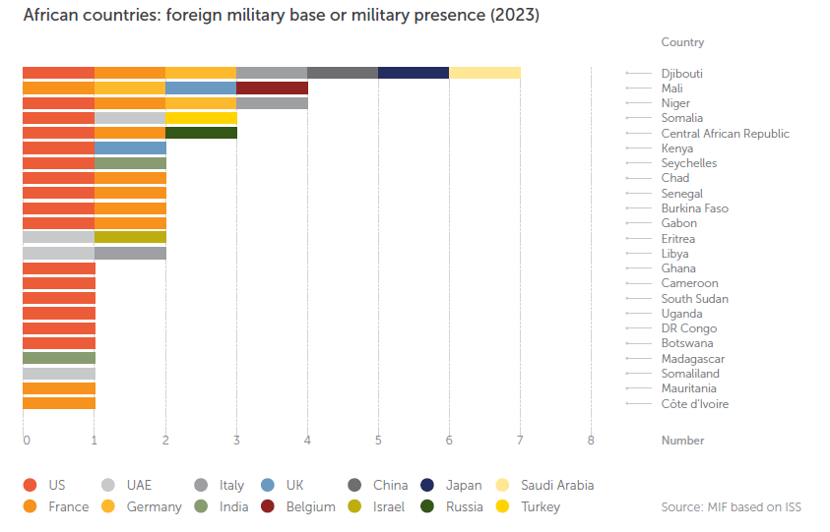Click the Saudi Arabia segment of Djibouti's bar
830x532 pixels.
(x=484, y=73)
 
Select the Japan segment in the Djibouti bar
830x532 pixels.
(x=414, y=73)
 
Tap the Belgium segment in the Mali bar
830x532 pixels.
(x=272, y=88)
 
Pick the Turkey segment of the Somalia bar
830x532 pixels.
(x=201, y=118)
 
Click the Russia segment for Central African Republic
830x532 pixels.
(x=201, y=133)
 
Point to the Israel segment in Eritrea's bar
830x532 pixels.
(x=130, y=237)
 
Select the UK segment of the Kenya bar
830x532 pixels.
(x=130, y=148)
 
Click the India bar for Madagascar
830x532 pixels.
(x=59, y=358)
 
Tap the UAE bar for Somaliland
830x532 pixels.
(x=59, y=374)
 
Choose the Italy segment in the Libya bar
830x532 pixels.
(x=130, y=253)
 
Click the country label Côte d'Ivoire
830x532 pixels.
(x=695, y=404)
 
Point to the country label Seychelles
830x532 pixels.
(x=689, y=163)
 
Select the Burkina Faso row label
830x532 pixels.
(x=695, y=208)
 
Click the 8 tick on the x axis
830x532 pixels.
(x=591, y=440)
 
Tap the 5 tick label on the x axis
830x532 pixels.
(x=378, y=440)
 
